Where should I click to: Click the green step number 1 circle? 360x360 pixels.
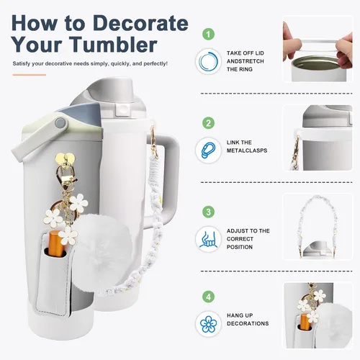tap(208, 34)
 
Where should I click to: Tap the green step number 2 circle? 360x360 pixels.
tap(208, 123)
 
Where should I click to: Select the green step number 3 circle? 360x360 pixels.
tap(208, 212)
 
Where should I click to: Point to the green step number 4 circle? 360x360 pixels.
tap(208, 297)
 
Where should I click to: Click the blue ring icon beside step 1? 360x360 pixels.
tap(208, 61)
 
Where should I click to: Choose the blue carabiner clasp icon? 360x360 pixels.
tap(208, 150)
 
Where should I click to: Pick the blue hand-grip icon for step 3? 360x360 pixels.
tap(208, 239)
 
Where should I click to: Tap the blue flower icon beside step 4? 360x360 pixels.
tap(208, 324)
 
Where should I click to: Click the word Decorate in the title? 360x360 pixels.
tap(140, 23)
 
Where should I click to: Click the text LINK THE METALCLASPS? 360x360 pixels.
tap(247, 146)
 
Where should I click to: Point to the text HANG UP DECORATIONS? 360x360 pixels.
tap(248, 320)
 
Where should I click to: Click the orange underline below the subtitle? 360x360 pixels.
tap(30, 75)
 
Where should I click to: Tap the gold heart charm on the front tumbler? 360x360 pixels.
tap(65, 158)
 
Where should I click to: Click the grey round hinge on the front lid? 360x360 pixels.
tap(60, 123)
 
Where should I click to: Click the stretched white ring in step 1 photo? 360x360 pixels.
tap(316, 45)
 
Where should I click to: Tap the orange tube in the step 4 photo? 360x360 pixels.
tap(305, 321)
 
